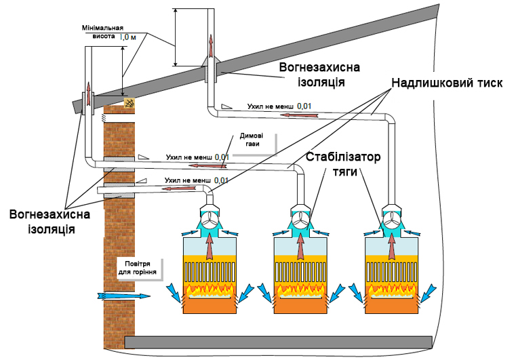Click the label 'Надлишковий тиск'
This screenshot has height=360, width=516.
pos(445,83)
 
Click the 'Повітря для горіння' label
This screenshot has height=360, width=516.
pos(138,269)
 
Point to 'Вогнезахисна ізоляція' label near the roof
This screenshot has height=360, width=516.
pos(319,75)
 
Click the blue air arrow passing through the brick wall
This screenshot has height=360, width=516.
pos(121,296)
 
